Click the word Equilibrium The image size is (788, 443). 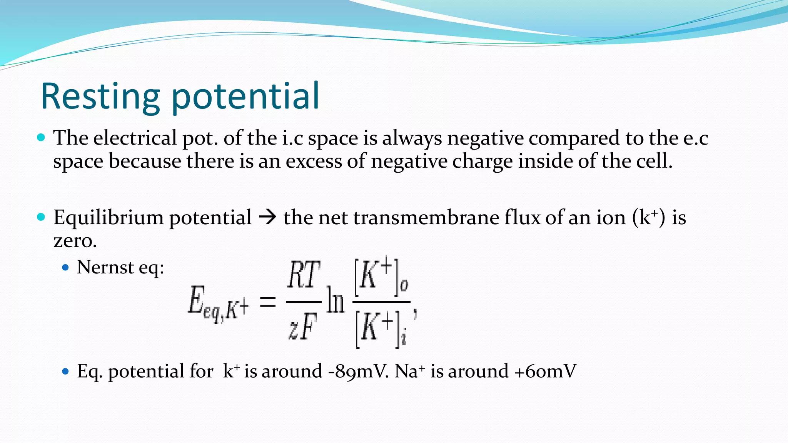109,218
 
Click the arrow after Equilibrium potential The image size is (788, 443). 267,218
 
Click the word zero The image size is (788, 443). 75,241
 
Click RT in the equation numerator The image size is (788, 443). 304,275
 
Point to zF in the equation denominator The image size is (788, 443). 303,326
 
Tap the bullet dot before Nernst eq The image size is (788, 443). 65,267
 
